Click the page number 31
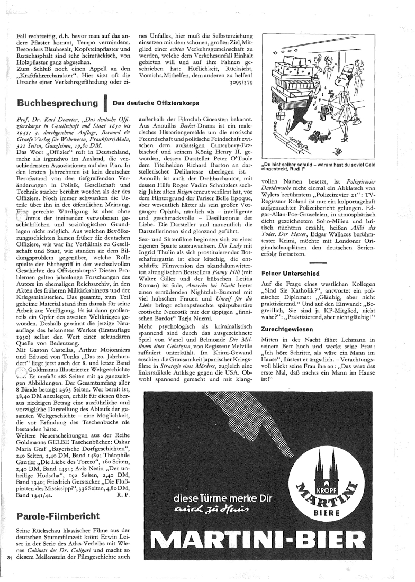coord(9,557)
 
